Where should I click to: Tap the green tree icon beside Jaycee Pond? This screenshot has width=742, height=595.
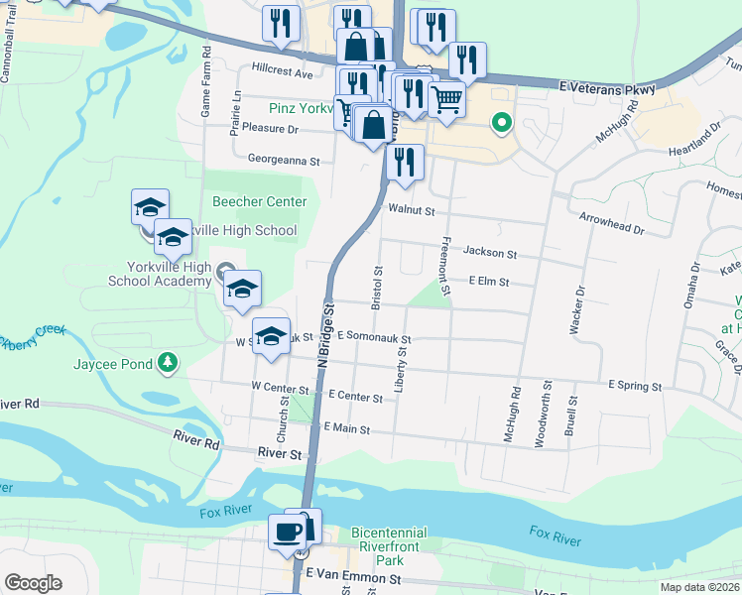(170, 363)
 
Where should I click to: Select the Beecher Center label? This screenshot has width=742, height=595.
(260, 201)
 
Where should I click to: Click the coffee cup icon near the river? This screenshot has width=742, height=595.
(287, 531)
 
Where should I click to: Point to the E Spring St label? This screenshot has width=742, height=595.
(635, 385)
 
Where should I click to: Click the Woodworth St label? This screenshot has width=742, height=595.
(545, 414)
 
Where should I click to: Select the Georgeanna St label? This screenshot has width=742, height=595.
(284, 160)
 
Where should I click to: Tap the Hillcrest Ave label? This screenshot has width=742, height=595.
(282, 73)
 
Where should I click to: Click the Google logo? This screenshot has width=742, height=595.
(33, 583)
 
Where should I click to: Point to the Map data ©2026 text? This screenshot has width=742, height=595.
(699, 587)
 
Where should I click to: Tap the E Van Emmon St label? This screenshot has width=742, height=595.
(353, 576)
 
